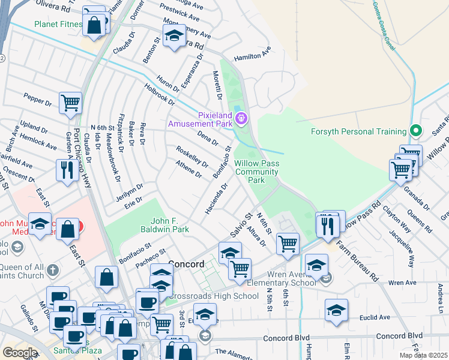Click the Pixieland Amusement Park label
200,119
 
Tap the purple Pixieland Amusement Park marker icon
241,118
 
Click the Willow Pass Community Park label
257,172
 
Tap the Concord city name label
187,264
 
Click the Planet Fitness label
58,25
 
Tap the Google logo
20,352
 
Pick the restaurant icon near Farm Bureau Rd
327,225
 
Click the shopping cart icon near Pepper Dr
70,103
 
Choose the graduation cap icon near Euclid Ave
336,310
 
